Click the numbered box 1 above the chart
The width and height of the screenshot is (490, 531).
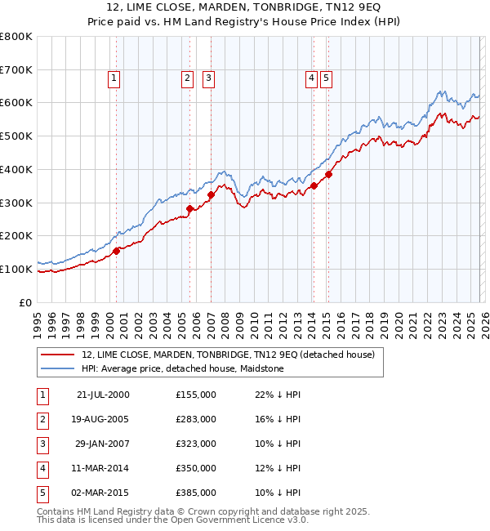click(114, 78)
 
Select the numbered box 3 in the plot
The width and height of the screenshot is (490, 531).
click(209, 78)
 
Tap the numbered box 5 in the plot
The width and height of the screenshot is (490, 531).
click(326, 78)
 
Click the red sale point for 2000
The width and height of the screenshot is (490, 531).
click(117, 251)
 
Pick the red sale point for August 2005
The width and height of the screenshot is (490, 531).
click(189, 208)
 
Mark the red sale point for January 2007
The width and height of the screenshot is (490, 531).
click(211, 194)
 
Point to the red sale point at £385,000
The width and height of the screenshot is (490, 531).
click(327, 174)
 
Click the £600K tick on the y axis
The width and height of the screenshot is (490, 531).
click(16, 103)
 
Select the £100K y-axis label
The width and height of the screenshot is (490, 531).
click(16, 269)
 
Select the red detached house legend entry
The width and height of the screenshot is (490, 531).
click(228, 355)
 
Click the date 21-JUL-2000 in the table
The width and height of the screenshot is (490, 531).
click(103, 395)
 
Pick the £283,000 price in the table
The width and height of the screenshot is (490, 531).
click(196, 419)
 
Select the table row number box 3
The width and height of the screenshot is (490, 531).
click(42, 444)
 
